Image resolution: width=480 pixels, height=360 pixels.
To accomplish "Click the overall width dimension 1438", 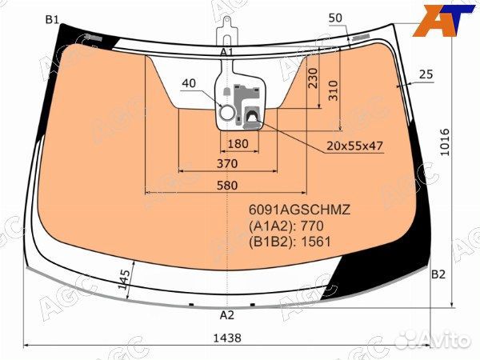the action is point(227,338).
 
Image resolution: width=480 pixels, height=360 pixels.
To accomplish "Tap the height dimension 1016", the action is point(445,142).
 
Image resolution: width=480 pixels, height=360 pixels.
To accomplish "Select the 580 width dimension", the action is point(227,186).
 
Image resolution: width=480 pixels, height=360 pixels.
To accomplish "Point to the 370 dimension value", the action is point(227,163).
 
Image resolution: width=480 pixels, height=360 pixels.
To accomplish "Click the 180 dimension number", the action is point(238,143).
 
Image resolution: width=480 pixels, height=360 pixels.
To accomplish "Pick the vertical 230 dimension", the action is point(313,78).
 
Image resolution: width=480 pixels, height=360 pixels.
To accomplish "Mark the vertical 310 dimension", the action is point(334,90).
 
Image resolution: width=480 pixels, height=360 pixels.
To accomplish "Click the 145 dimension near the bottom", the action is point(124,279).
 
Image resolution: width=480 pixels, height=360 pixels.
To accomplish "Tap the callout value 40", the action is point(189,83).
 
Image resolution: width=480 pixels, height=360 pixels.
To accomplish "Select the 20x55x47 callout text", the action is point(354,146).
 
